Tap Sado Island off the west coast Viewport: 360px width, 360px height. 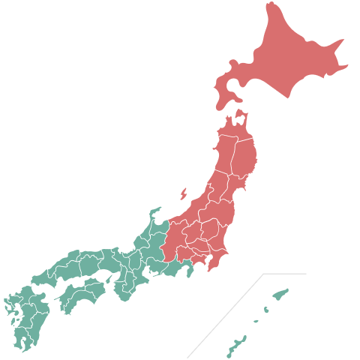[x=183, y=193]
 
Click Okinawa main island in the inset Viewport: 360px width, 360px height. [x=234, y=347]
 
